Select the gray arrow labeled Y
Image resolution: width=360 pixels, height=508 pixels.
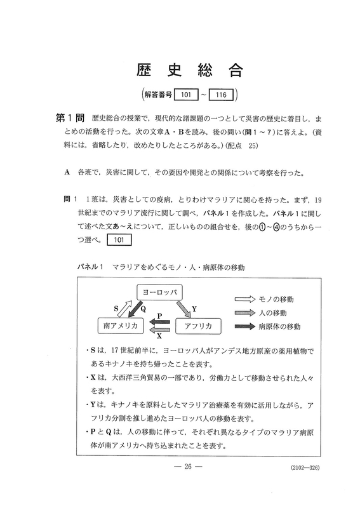186,309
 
